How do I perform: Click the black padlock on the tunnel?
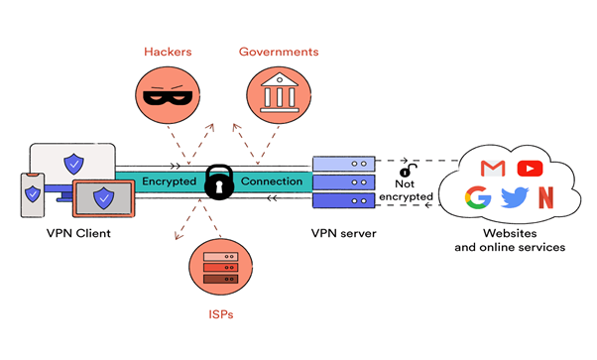click(219, 181)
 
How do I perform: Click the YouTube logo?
click(526, 169)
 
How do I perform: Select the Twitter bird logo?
click(513, 197)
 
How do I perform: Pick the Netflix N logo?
click(544, 197)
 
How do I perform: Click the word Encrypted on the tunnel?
click(169, 181)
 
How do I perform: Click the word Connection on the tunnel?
click(271, 181)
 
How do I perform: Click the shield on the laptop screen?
click(103, 198)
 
